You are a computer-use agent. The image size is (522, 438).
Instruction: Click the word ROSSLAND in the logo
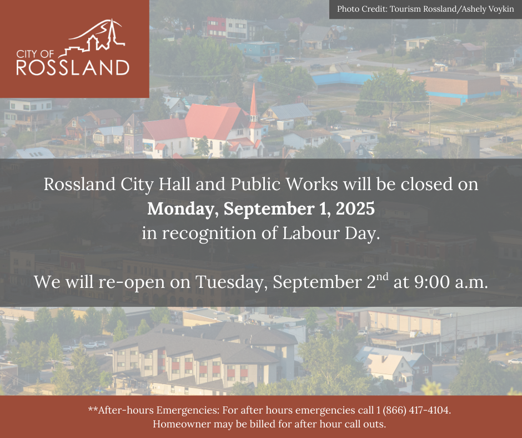coord(73,68)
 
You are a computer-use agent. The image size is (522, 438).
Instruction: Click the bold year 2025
coord(355,208)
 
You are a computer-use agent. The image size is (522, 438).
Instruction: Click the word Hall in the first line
coord(174,184)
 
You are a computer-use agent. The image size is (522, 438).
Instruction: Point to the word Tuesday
coord(232,282)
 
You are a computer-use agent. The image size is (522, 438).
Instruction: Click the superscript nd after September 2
coord(383,277)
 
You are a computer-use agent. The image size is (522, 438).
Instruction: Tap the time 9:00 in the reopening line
coord(432,282)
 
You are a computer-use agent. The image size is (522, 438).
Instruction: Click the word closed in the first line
coord(426,184)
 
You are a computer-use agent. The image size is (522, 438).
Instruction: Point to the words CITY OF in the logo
coord(35,54)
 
